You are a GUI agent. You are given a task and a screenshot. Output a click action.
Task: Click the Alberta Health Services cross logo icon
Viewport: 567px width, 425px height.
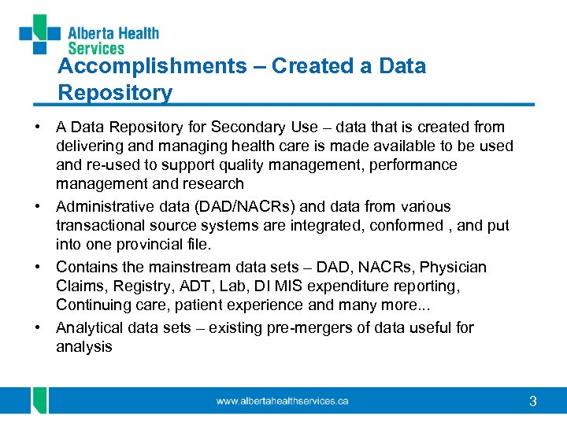(39, 34)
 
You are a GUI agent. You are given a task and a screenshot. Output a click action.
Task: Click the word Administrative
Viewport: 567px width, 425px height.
(105, 206)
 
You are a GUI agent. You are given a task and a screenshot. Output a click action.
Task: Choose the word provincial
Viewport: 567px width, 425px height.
(149, 244)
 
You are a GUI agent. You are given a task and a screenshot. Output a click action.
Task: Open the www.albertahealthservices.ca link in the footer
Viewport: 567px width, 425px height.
(282, 401)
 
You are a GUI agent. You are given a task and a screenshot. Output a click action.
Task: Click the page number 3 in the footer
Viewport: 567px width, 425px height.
(533, 401)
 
